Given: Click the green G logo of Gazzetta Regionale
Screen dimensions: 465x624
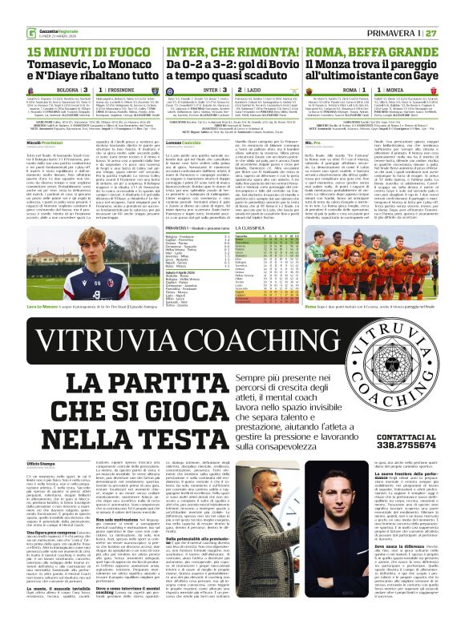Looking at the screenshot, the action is (8, 10).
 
